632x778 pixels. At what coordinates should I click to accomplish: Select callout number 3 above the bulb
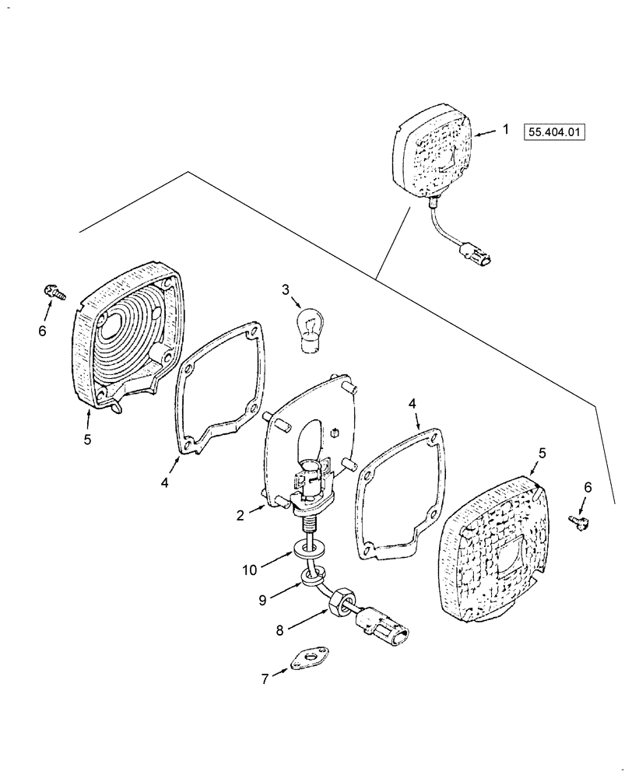[x=286, y=290]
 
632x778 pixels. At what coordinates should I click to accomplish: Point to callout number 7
[x=265, y=679]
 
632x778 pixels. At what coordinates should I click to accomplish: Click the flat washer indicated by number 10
[x=309, y=552]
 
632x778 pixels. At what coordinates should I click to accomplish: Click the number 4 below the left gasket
[x=165, y=482]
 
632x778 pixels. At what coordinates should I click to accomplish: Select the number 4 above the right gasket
[x=413, y=403]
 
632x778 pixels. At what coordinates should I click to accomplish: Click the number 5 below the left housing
[x=87, y=439]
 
